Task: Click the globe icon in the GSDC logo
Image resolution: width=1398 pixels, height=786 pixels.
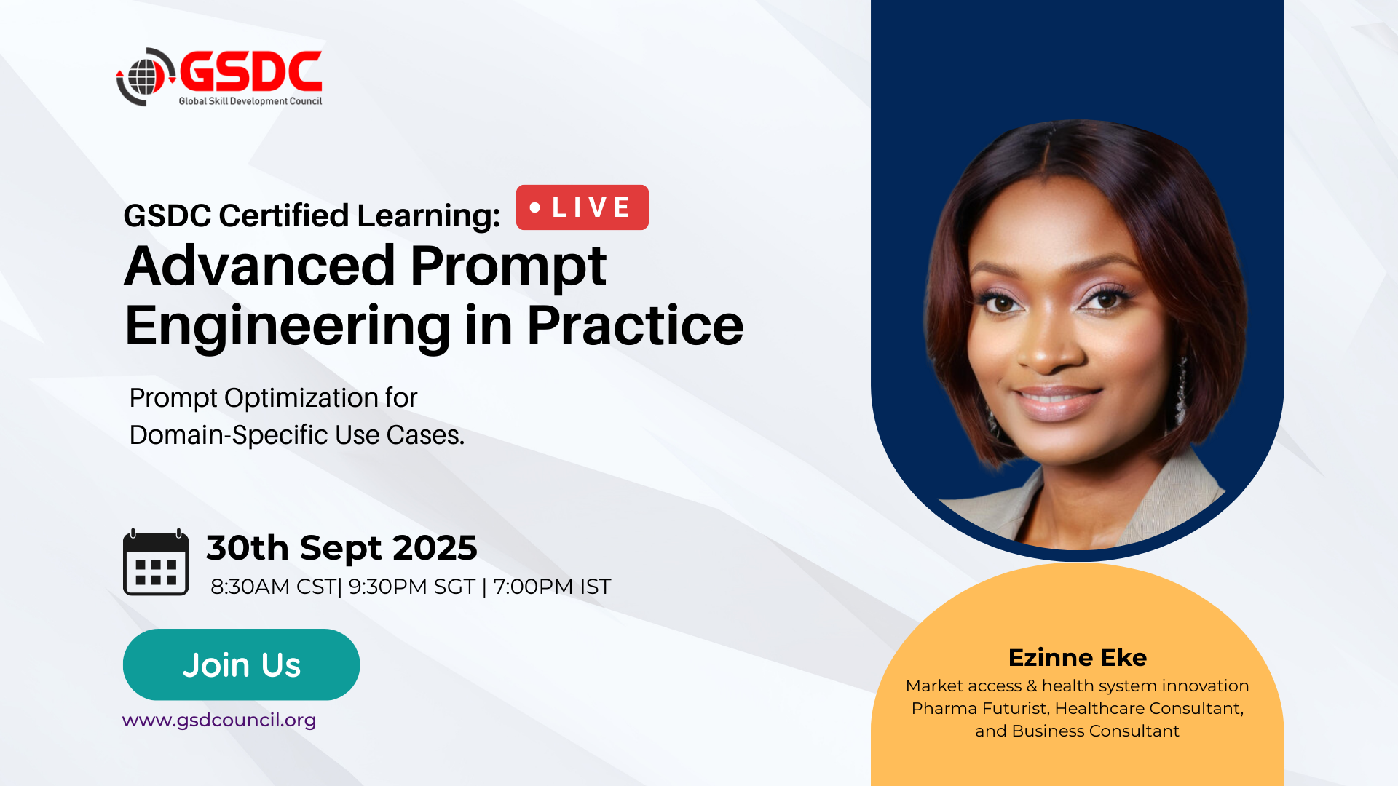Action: [146, 76]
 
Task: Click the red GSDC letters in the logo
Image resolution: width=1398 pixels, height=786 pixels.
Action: [250, 72]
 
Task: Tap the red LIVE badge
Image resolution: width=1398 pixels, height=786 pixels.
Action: [582, 207]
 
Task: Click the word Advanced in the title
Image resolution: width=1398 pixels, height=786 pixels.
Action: [260, 266]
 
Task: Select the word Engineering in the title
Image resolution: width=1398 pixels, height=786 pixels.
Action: [288, 327]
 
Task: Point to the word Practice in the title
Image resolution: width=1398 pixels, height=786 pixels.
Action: [635, 325]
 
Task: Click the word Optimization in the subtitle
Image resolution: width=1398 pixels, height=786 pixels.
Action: [301, 399]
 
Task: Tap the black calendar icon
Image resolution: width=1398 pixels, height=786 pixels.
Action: [156, 563]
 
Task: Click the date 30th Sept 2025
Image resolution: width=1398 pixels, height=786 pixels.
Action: [341, 548]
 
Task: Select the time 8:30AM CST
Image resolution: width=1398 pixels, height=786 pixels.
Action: [273, 587]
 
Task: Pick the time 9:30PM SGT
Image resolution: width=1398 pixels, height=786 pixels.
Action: [411, 587]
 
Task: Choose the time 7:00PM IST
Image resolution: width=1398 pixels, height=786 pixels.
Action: [552, 587]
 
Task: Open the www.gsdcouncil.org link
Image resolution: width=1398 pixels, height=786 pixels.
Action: [219, 720]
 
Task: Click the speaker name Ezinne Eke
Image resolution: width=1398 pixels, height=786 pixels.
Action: [1078, 658]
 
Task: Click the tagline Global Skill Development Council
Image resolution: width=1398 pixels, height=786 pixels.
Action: [250, 101]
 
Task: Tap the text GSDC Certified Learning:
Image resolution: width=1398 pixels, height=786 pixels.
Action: [312, 216]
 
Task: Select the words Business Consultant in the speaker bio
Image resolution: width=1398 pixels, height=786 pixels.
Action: [1095, 731]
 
